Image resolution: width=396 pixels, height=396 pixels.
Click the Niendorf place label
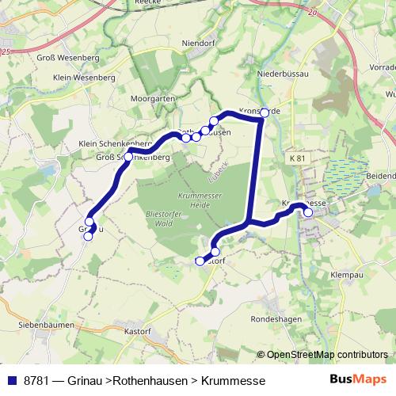177,44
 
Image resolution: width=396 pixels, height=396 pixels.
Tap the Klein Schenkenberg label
110,143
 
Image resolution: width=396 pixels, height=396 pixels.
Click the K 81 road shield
298,159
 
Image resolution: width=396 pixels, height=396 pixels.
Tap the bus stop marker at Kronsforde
265,112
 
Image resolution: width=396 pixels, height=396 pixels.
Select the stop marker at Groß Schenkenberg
128,157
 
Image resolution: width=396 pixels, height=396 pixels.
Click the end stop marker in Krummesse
308,212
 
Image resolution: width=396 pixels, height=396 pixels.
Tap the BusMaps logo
358,380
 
